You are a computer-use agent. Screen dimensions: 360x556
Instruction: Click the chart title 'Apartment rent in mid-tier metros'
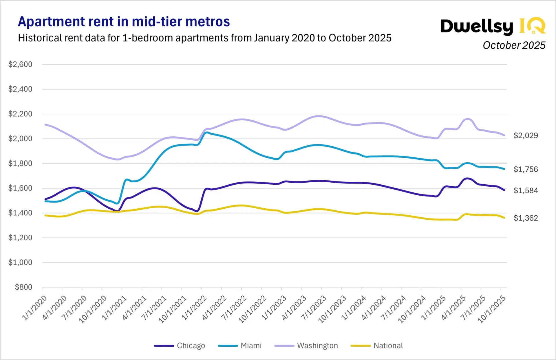[124, 22]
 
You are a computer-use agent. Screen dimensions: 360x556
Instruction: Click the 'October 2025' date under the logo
[514, 45]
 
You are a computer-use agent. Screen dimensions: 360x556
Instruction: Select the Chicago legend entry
[180, 346]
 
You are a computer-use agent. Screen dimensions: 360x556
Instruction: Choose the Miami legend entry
[240, 346]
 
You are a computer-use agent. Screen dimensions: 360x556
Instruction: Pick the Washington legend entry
[306, 346]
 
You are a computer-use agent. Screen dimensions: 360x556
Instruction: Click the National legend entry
[377, 346]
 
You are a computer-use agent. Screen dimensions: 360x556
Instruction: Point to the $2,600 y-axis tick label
[20, 64]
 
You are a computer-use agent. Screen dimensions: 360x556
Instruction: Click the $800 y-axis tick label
[23, 287]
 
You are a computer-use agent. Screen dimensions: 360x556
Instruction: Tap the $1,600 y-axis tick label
[20, 188]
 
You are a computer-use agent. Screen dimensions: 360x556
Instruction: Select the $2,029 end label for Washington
[526, 135]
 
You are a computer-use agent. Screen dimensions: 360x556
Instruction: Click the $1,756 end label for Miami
[526, 169]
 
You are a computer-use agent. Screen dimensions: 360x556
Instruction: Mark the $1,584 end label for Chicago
[526, 191]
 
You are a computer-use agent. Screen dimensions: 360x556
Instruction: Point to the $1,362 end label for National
[526, 218]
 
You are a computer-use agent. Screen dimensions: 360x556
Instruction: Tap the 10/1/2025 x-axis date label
[491, 309]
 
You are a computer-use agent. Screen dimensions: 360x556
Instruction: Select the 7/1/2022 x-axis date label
[234, 307]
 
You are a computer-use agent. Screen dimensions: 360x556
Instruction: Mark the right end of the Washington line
[504, 135]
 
